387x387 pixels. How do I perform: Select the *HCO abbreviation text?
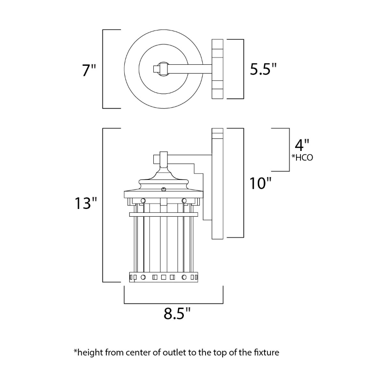(x=302, y=157)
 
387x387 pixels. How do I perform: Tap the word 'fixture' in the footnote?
(x=265, y=352)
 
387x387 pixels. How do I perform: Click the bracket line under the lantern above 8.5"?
(x=173, y=303)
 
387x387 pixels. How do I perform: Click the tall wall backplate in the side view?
(x=217, y=184)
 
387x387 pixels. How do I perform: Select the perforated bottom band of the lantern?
(x=163, y=278)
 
